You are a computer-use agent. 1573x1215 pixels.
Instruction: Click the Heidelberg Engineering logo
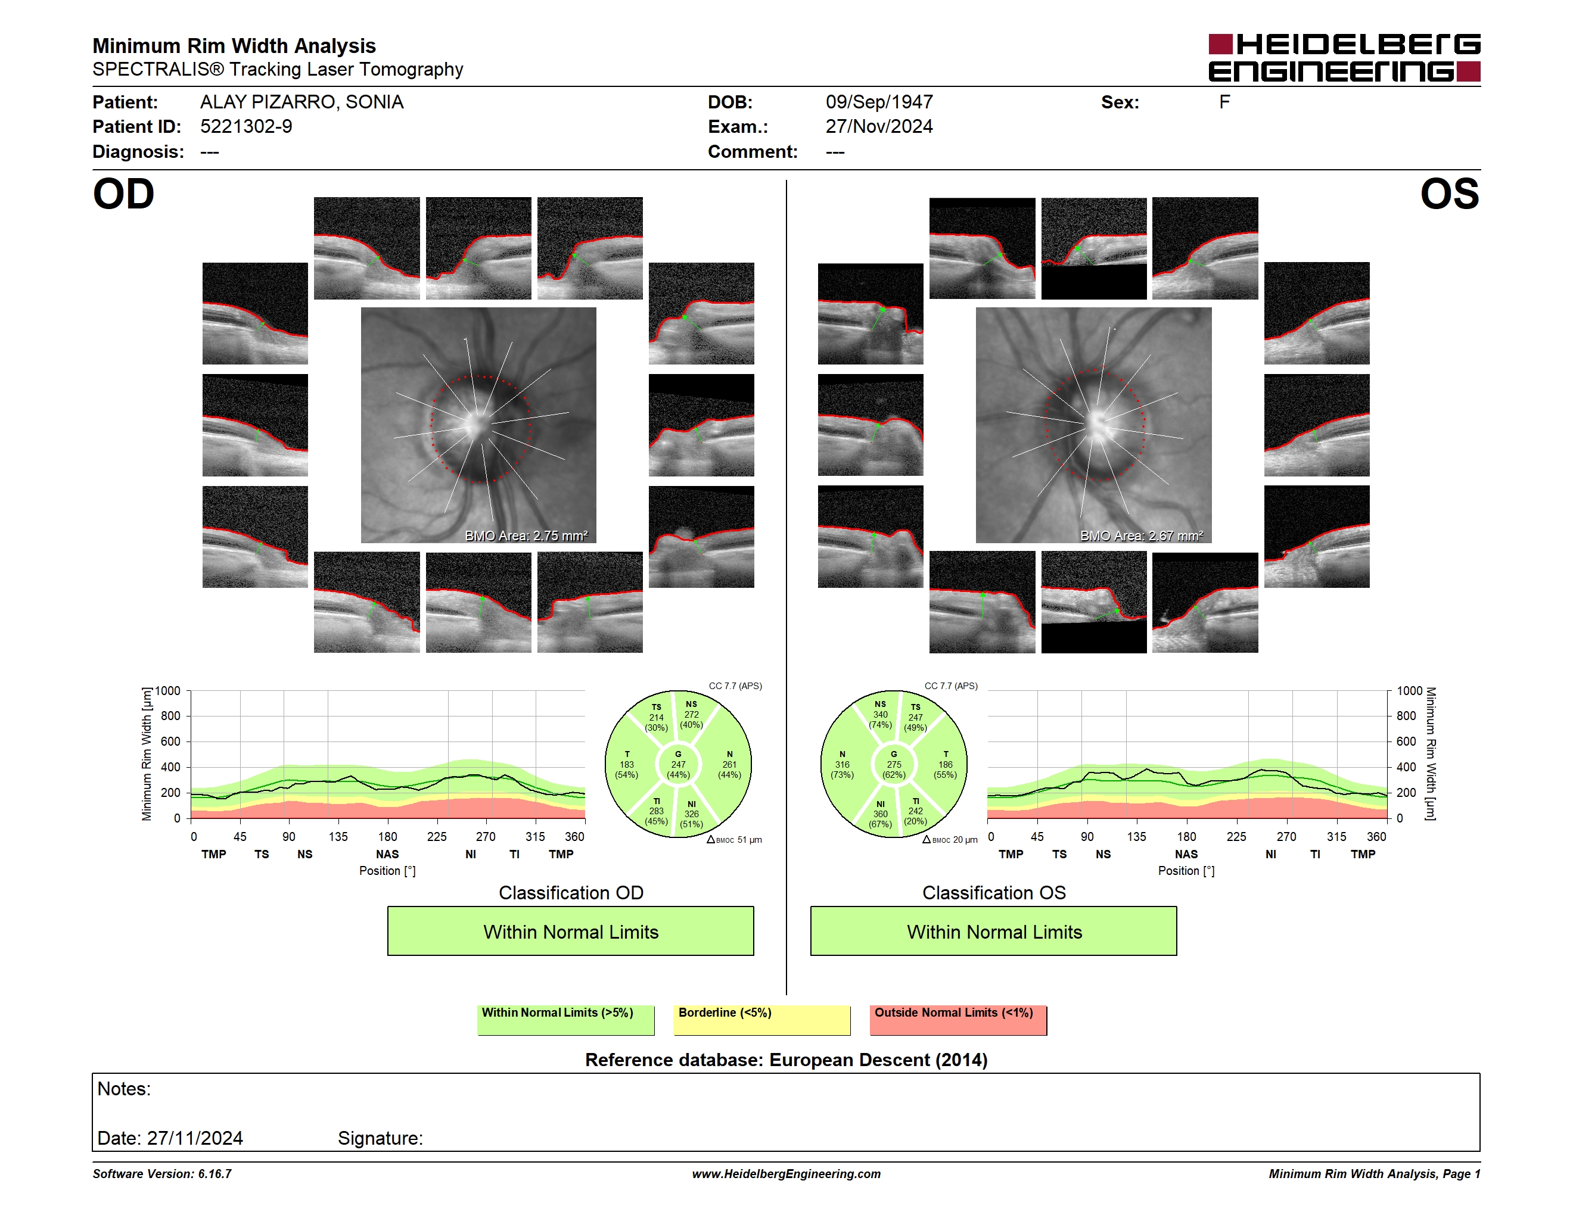[x=1344, y=58]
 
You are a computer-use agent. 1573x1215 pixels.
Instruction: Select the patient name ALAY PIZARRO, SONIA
[x=301, y=102]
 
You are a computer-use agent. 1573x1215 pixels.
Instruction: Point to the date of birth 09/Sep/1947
[x=879, y=102]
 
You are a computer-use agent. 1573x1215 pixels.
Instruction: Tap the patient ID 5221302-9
[x=246, y=127]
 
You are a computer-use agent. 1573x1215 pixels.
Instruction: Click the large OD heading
[x=123, y=194]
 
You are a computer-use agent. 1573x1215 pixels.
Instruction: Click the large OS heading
[x=1450, y=194]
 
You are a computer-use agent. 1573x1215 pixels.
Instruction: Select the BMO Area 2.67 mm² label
[x=1142, y=535]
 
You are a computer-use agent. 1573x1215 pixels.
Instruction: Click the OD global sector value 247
[x=679, y=764]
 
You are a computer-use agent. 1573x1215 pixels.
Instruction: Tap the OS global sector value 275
[x=894, y=764]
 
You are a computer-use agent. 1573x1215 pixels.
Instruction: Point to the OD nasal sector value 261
[x=730, y=764]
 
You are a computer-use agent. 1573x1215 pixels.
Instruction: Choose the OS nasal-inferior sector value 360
[x=880, y=814]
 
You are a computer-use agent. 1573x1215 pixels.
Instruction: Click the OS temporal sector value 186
[x=946, y=764]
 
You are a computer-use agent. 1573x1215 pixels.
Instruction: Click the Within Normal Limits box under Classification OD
[x=570, y=931]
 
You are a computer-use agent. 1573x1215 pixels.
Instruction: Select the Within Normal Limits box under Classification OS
[x=994, y=931]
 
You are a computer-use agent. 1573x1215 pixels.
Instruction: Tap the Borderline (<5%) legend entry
[x=762, y=1020]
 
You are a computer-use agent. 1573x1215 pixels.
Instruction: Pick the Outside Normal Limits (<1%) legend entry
[x=959, y=1020]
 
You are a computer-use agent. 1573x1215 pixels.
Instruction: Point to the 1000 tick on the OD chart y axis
[x=168, y=691]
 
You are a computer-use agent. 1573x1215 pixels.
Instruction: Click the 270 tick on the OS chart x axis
[x=1286, y=836]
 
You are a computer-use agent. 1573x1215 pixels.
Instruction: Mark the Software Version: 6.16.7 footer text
[x=162, y=1174]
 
